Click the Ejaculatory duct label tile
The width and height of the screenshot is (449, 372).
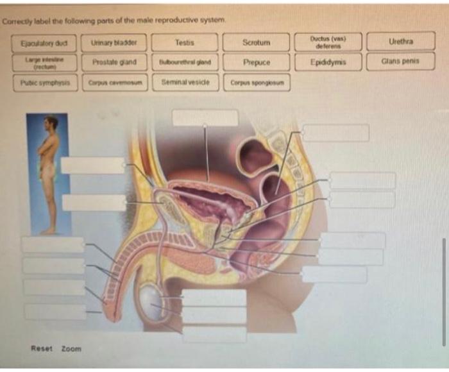coord(44,43)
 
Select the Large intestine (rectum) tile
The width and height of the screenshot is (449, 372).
coord(44,62)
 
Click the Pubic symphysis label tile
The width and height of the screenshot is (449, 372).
coord(44,82)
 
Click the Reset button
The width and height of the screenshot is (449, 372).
coord(42,348)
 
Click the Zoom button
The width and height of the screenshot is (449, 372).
coord(71,348)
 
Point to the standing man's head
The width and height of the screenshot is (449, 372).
coord(51,123)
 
